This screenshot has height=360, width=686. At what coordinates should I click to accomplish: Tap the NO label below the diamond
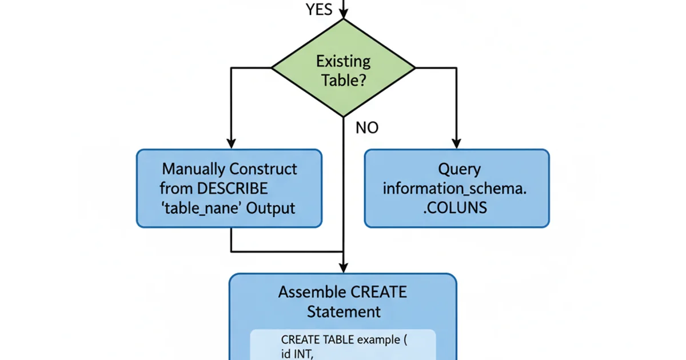[366, 128]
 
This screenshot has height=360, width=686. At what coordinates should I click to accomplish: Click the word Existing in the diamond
[344, 61]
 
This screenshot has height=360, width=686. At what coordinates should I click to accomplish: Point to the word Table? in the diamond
[344, 79]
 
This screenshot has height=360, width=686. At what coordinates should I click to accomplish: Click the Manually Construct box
[229, 188]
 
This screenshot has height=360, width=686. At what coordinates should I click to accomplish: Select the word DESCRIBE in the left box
[232, 188]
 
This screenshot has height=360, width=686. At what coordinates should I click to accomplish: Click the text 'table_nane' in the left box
[200, 207]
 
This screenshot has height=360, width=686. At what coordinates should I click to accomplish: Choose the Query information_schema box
[457, 188]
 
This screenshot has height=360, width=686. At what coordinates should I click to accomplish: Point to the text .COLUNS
[455, 207]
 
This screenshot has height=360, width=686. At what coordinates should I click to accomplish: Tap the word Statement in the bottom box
[344, 311]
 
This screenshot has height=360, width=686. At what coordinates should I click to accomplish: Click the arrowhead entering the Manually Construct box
[231, 143]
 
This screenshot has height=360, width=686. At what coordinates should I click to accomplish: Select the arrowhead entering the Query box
[456, 143]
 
